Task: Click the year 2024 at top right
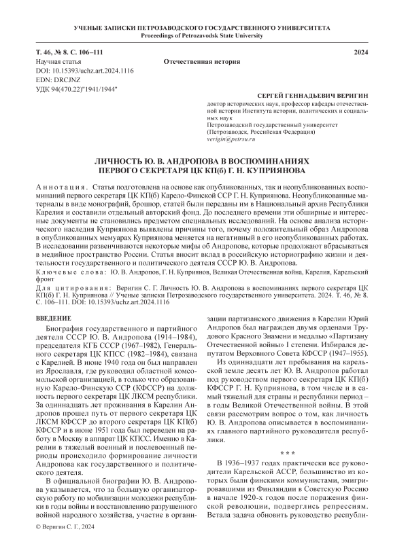coord(364,52)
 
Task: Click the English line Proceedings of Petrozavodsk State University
coord(203,35)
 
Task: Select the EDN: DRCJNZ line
coord(59,79)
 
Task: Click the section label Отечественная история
coord(203,61)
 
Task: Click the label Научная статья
coord(62,61)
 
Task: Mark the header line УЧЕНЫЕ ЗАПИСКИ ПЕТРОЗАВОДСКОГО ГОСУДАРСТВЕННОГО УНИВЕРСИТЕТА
coord(203,26)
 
